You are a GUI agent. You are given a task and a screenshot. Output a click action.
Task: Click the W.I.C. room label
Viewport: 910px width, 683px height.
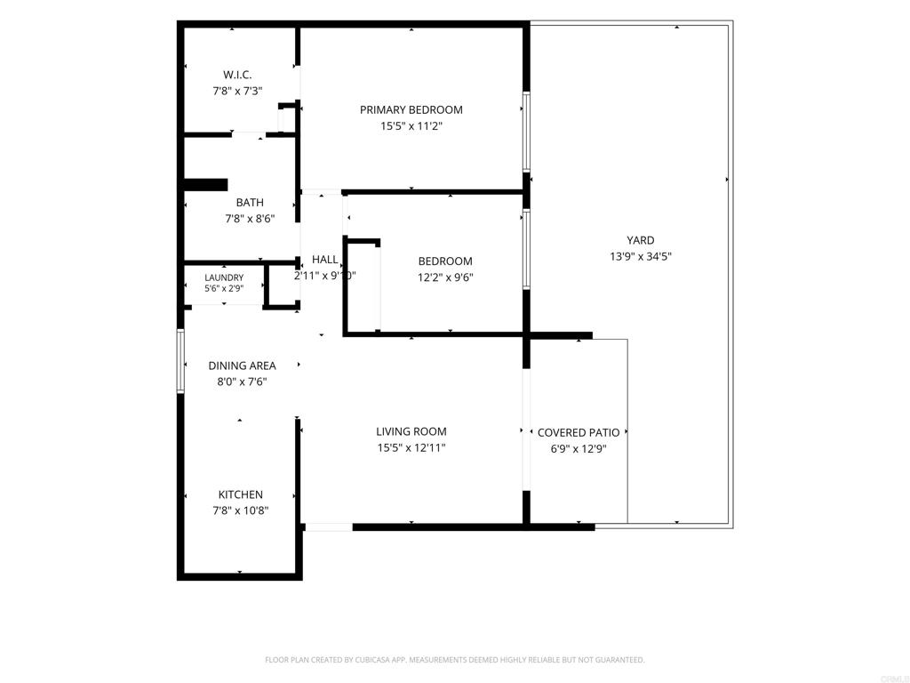tap(237, 75)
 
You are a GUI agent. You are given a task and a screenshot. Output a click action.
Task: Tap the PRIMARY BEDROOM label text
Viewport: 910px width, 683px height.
tap(411, 109)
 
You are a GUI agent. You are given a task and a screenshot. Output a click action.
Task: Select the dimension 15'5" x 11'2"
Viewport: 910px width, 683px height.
tap(411, 126)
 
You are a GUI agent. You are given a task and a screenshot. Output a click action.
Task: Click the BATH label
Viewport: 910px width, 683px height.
tap(250, 203)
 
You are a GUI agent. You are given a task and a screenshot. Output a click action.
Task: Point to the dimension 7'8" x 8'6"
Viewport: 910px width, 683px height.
tap(250, 219)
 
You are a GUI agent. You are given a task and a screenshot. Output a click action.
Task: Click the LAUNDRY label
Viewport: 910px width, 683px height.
tap(224, 277)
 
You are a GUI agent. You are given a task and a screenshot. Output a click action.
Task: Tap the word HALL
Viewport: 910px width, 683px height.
tap(324, 260)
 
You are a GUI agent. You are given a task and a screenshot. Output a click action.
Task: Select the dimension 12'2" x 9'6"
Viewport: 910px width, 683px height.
tap(445, 277)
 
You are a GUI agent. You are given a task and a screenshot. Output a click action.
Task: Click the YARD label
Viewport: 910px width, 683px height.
tap(640, 240)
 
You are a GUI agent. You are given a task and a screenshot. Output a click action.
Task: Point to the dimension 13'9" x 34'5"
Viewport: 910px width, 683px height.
tap(640, 257)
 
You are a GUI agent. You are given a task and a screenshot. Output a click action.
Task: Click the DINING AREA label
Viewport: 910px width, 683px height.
tap(242, 366)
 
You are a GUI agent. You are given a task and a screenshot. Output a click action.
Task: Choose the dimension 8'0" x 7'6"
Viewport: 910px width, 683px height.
tap(242, 382)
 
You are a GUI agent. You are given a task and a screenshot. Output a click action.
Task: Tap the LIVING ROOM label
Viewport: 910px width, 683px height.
tap(411, 431)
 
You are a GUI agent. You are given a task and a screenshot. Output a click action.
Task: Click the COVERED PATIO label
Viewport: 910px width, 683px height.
tap(578, 433)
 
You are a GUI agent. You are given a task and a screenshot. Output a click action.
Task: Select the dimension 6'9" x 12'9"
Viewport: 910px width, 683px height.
tap(578, 449)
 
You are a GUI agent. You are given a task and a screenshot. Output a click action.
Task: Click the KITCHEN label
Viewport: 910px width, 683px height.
tap(240, 494)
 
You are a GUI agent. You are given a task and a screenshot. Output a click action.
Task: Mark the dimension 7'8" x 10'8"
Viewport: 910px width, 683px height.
tap(240, 511)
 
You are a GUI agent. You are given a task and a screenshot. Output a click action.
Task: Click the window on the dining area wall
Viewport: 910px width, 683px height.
tap(180, 361)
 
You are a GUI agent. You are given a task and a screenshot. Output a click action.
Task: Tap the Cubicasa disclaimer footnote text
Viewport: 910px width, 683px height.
tap(454, 660)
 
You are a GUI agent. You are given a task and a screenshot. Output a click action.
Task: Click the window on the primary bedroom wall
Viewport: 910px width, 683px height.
tap(526, 132)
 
